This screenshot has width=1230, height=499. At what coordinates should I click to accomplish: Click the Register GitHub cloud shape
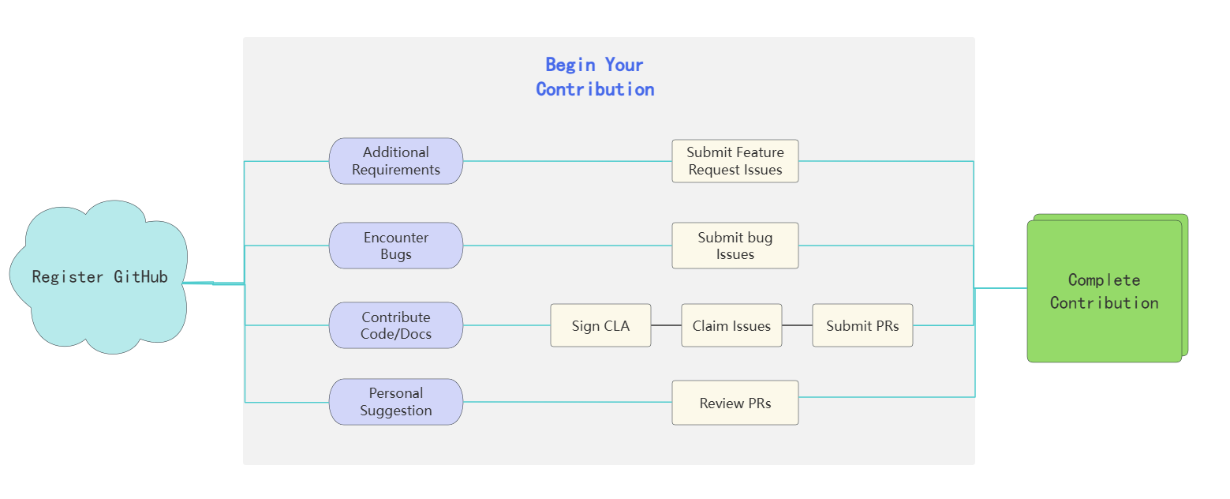pyautogui.click(x=99, y=276)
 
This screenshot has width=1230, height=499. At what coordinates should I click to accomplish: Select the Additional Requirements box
pyautogui.click(x=396, y=161)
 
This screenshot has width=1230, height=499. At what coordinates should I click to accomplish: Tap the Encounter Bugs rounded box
pyautogui.click(x=396, y=246)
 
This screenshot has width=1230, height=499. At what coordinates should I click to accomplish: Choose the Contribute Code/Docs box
pyautogui.click(x=396, y=325)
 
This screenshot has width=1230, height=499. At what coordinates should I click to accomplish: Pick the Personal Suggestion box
pyautogui.click(x=396, y=402)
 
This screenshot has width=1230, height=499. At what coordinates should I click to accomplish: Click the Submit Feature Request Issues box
pyautogui.click(x=735, y=161)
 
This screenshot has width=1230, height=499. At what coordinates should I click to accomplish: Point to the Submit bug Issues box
pyautogui.click(x=735, y=246)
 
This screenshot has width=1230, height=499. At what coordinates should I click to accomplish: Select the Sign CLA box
pyautogui.click(x=600, y=325)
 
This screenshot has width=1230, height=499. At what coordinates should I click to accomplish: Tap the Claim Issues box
pyautogui.click(x=731, y=325)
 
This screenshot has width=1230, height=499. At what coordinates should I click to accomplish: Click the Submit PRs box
pyautogui.click(x=862, y=325)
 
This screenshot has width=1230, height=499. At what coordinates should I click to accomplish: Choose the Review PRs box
pyautogui.click(x=735, y=403)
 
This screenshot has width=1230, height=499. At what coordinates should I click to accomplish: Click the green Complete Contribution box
pyautogui.click(x=1104, y=291)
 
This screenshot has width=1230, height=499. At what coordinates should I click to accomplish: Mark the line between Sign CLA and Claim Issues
pyautogui.click(x=667, y=325)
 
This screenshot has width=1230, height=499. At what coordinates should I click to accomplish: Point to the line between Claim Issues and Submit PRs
pyautogui.click(x=797, y=325)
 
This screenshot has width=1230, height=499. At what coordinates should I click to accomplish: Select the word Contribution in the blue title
pyautogui.click(x=595, y=89)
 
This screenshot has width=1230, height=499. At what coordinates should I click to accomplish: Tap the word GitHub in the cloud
pyautogui.click(x=140, y=277)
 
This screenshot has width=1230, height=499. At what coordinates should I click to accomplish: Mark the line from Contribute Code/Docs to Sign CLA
pyautogui.click(x=507, y=325)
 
